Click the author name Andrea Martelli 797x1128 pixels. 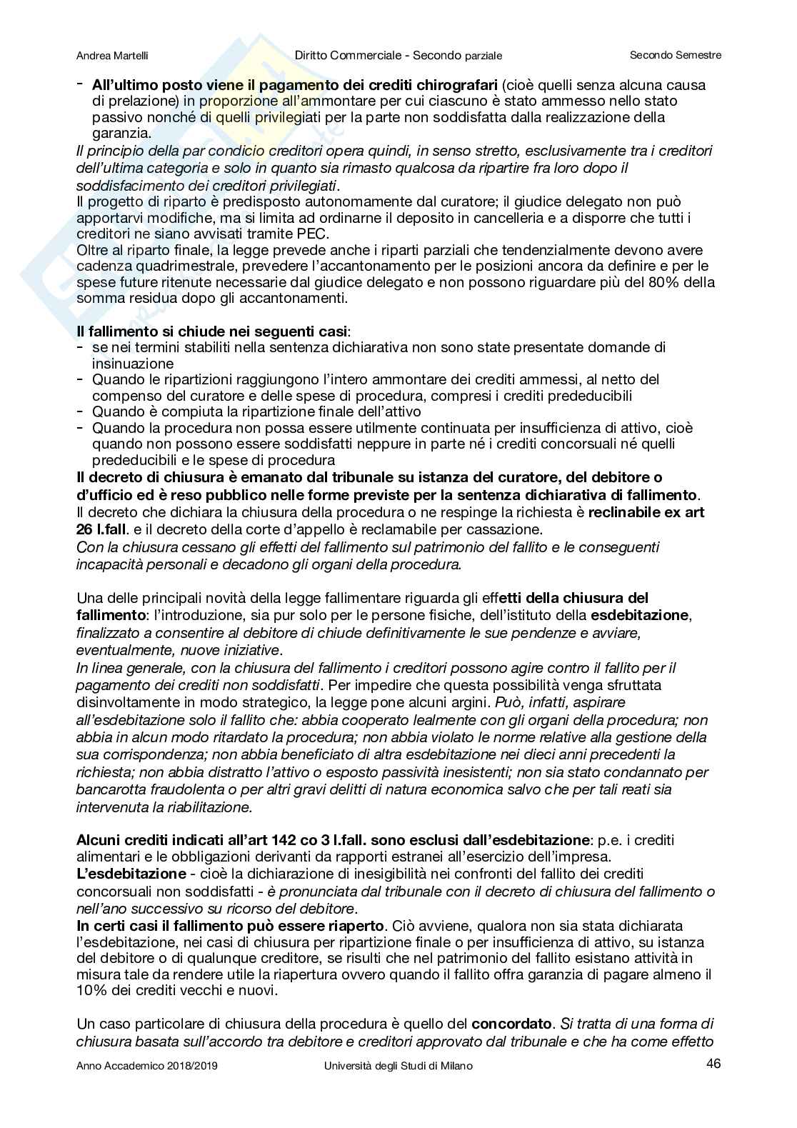(x=111, y=55)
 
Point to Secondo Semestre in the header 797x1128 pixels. (x=676, y=55)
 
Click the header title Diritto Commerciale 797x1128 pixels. (x=346, y=55)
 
